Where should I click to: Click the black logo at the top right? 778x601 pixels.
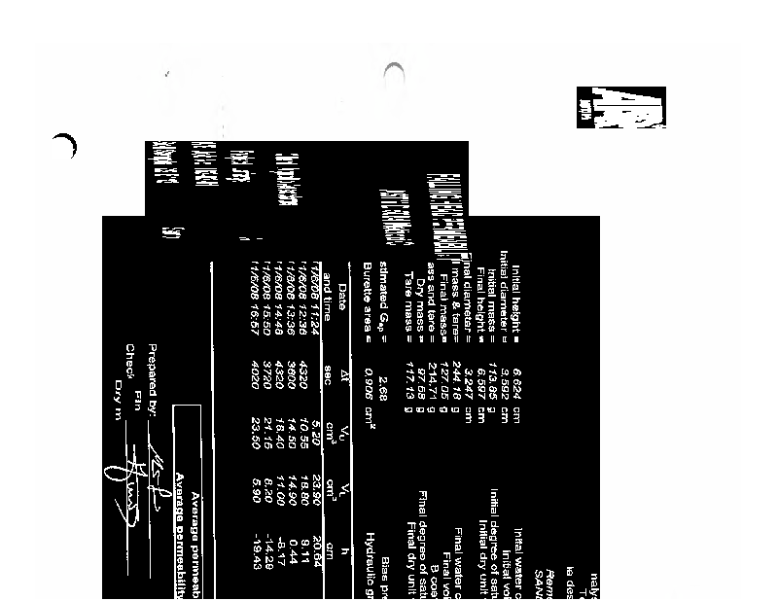click(x=620, y=107)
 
